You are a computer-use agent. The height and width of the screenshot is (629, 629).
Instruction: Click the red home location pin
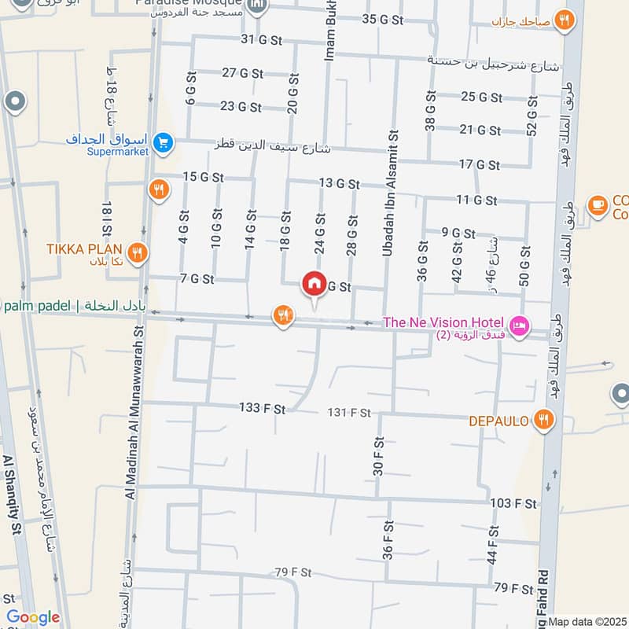314,284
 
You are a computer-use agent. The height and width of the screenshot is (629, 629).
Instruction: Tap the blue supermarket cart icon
164,142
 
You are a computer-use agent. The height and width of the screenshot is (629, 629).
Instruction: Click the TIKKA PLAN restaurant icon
138,252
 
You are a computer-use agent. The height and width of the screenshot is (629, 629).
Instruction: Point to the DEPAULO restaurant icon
543,421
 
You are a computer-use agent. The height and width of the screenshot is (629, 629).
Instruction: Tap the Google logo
32,618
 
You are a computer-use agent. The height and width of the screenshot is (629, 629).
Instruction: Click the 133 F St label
263,408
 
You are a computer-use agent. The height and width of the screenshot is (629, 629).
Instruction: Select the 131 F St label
348,413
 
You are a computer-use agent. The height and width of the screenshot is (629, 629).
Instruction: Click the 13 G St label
339,183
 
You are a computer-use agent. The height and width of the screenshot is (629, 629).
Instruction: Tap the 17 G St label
479,164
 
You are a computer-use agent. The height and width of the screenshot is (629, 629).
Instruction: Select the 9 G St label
458,233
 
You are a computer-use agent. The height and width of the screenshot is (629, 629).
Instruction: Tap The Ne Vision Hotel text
443,322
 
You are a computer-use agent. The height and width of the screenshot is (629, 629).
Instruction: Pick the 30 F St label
378,457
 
